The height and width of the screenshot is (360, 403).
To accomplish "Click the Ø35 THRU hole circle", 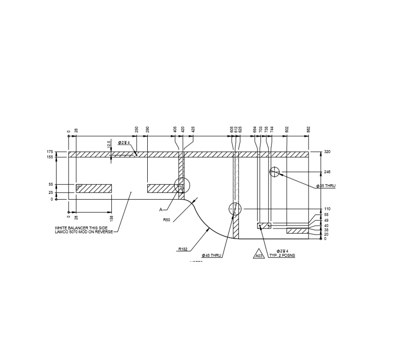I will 274,172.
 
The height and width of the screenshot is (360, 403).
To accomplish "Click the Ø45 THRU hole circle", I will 235,209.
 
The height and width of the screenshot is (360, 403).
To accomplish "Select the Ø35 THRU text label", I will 326,186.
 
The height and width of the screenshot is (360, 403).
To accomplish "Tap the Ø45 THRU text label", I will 211,255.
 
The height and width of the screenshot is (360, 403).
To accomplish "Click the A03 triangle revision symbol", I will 259,255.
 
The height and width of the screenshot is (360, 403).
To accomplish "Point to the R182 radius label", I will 182,249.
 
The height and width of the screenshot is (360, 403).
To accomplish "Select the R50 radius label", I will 166,219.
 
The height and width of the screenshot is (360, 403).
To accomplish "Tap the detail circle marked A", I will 182,185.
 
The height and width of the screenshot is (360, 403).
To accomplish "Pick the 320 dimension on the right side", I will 328,152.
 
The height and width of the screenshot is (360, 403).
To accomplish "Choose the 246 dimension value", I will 328,172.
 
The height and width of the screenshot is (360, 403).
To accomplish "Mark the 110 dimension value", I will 328,209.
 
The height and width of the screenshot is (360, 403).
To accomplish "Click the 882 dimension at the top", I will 308,129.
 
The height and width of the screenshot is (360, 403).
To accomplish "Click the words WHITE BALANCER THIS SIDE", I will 81,228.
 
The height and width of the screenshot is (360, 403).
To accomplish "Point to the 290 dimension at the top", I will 147,129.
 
